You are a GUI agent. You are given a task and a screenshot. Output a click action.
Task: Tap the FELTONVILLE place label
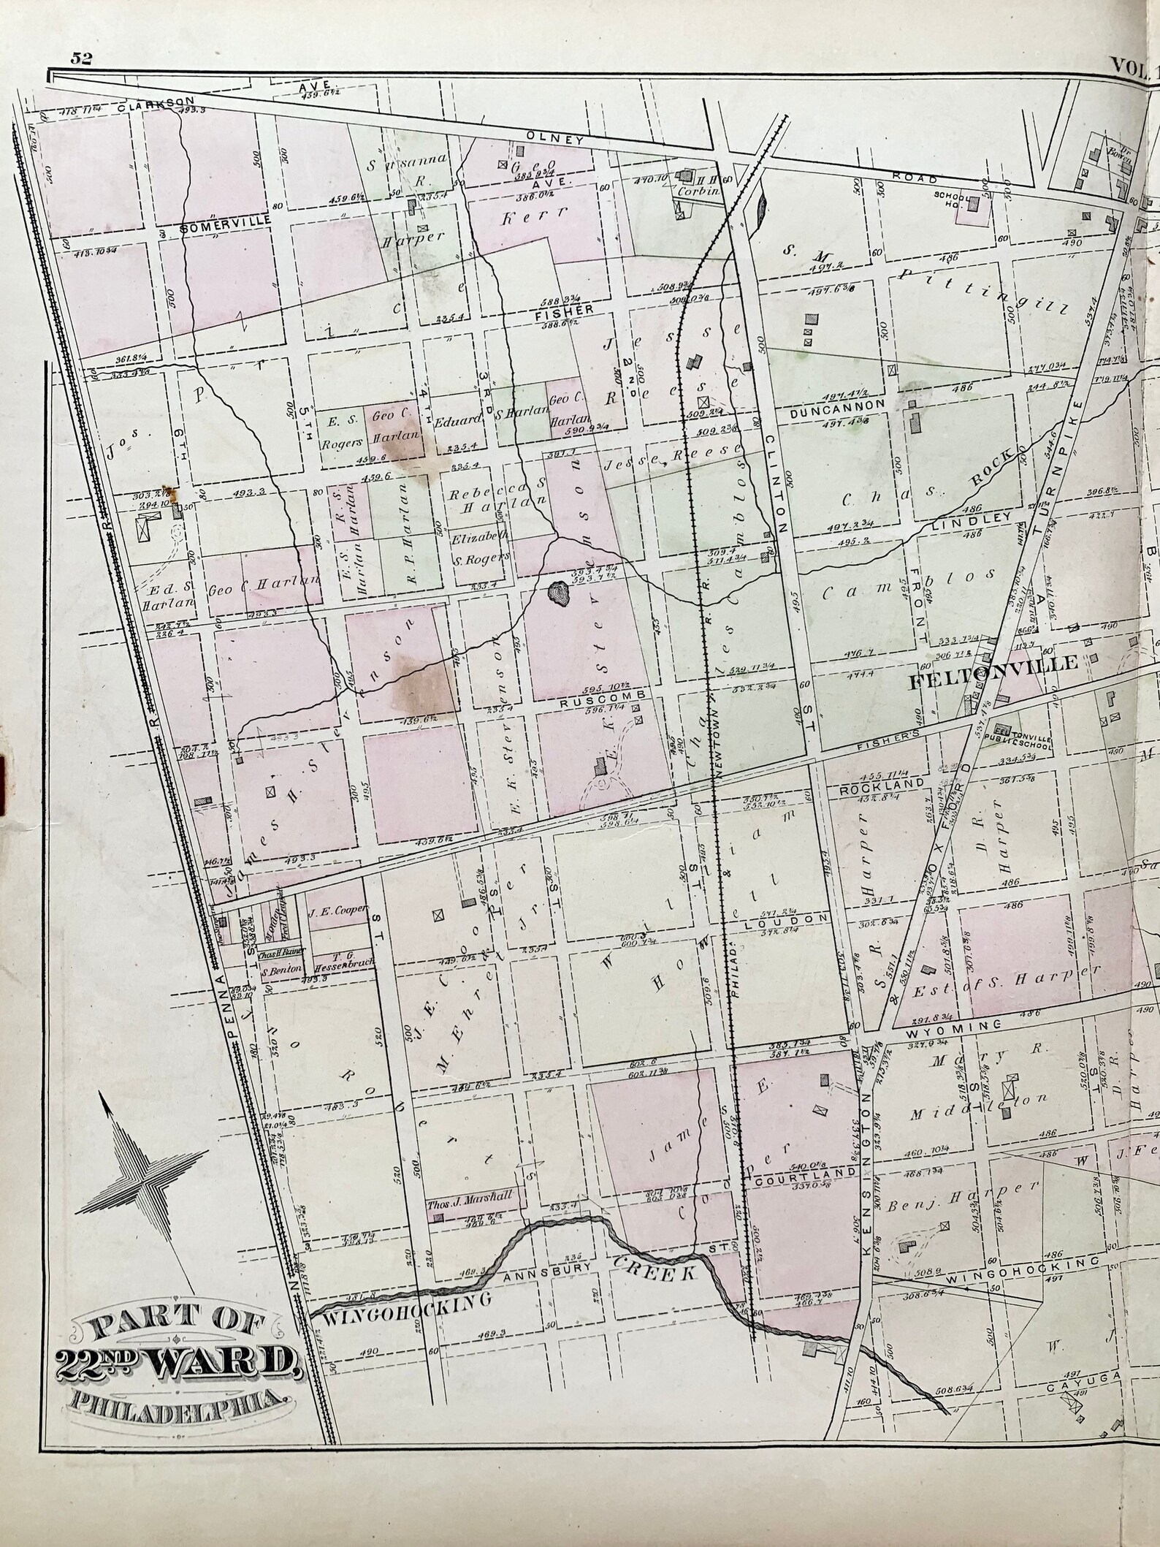pos(993,663)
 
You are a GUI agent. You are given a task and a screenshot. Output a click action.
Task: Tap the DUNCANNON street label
pos(839,403)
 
